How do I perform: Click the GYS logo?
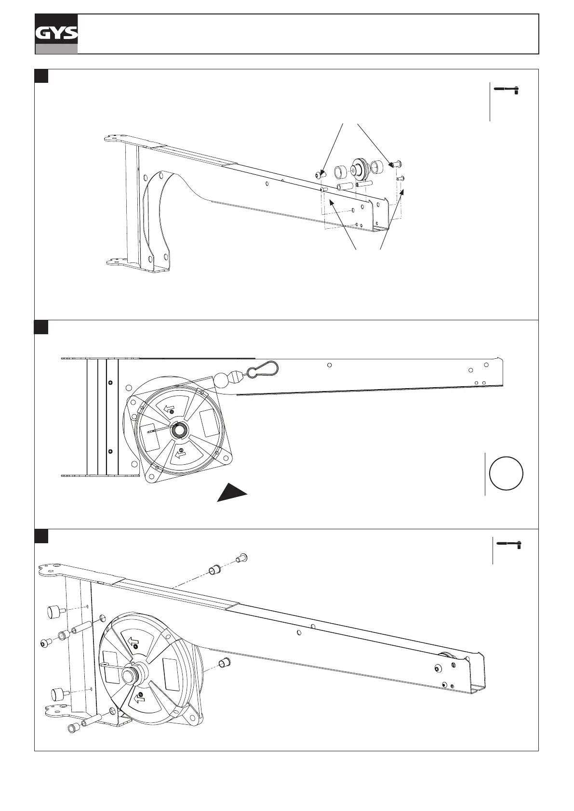pyautogui.click(x=56, y=33)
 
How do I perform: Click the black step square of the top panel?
pyautogui.click(x=41, y=76)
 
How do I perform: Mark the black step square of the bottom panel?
pyautogui.click(x=41, y=536)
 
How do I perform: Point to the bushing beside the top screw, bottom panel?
pyautogui.click(x=214, y=570)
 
